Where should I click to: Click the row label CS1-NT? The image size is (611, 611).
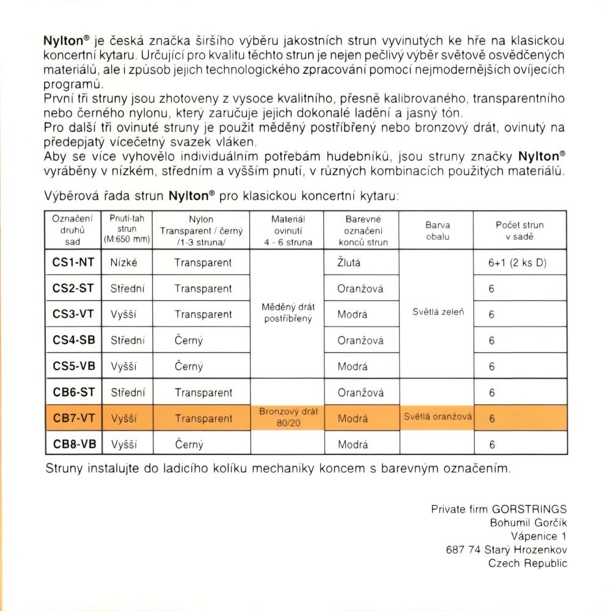[x=73, y=262]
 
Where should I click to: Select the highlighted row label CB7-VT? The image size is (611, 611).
[x=73, y=418]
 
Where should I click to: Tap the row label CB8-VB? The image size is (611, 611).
[x=73, y=445]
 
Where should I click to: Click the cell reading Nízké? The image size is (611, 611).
[x=124, y=262]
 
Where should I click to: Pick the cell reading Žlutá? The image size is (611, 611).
[x=349, y=262]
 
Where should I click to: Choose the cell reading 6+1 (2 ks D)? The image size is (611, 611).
[x=518, y=263]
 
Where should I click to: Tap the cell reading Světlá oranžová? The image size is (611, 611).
[x=436, y=418]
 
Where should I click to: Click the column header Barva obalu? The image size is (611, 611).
[x=436, y=230]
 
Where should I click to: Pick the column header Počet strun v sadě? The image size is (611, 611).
[x=519, y=230]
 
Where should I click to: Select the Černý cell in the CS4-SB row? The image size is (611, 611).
[x=189, y=341]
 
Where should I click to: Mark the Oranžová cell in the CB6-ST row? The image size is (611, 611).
[x=360, y=393]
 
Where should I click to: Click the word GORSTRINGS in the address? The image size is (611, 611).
[x=529, y=509]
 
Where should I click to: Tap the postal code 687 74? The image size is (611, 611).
[x=463, y=550]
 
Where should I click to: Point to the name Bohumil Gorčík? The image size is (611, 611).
[x=529, y=523]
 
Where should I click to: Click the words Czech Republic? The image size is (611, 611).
[x=528, y=563]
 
